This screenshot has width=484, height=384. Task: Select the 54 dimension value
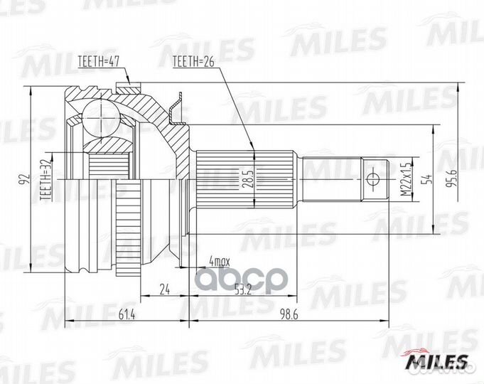coord(427,179)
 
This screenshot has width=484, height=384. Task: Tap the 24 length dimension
coord(165,289)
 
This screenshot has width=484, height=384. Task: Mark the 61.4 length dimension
coord(126,313)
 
